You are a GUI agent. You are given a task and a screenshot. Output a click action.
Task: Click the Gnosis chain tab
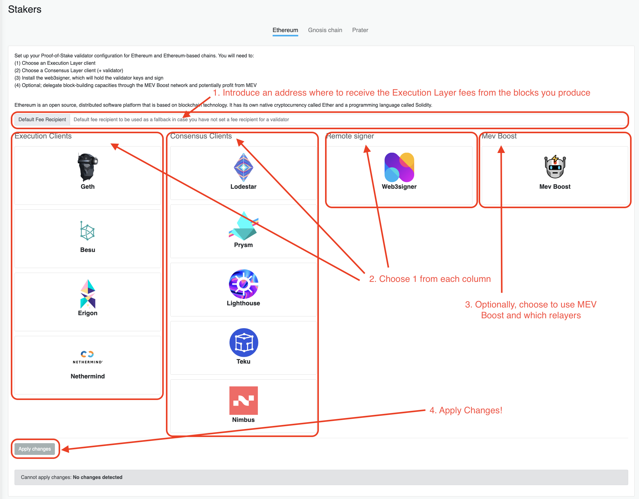pyautogui.click(x=325, y=30)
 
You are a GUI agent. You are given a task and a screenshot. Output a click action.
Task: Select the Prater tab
pyautogui.click(x=360, y=30)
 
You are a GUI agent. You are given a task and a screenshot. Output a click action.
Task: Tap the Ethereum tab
pyautogui.click(x=285, y=30)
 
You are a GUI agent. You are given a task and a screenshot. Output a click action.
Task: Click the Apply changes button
pyautogui.click(x=35, y=449)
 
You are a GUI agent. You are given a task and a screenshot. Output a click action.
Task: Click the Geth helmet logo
pyautogui.click(x=88, y=167)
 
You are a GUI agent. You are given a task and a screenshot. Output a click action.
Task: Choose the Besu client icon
pyautogui.click(x=88, y=231)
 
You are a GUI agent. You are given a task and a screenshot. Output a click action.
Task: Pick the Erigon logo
pyautogui.click(x=88, y=294)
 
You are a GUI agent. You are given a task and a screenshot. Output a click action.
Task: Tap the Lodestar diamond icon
pyautogui.click(x=243, y=167)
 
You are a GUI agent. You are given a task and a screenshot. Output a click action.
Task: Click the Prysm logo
pyautogui.click(x=243, y=226)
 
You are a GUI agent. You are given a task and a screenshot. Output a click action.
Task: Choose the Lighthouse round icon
pyautogui.click(x=243, y=284)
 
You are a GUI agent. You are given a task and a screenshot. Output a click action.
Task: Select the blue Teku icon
pyautogui.click(x=244, y=342)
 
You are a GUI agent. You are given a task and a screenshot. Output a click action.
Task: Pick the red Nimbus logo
pyautogui.click(x=243, y=400)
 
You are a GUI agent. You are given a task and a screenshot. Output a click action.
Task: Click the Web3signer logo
pyautogui.click(x=399, y=167)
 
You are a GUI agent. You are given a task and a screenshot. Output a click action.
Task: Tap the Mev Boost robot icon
pyautogui.click(x=555, y=167)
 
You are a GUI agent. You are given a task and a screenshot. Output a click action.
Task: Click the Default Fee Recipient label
pyautogui.click(x=42, y=119)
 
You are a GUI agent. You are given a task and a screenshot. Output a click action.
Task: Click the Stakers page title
pyautogui.click(x=25, y=9)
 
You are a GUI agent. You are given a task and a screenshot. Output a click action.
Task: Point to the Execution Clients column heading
pyautogui.click(x=43, y=136)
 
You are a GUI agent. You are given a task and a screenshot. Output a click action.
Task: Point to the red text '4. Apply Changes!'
pyautogui.click(x=466, y=410)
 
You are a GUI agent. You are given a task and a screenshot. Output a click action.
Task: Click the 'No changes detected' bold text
pyautogui.click(x=97, y=477)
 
